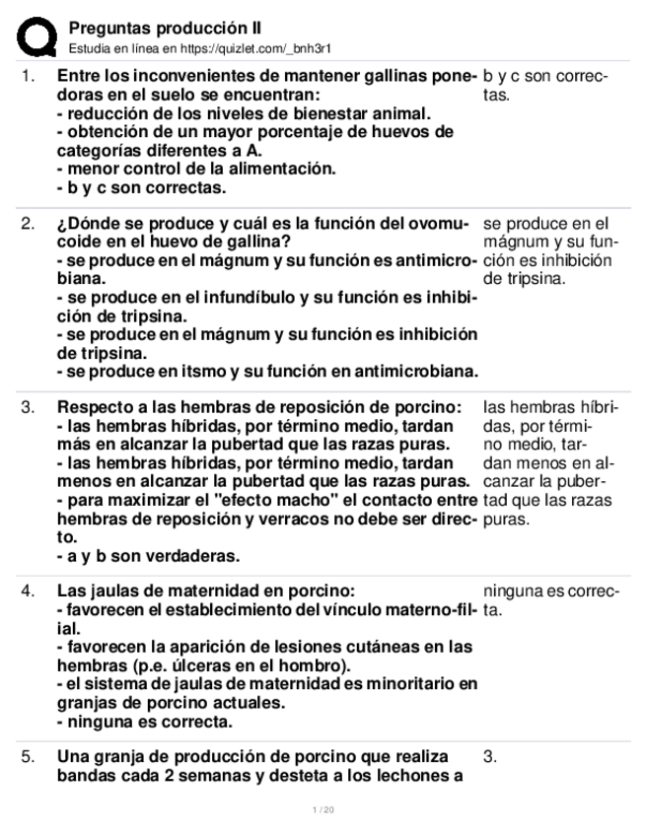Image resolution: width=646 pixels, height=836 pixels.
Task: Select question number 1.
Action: pos(29,76)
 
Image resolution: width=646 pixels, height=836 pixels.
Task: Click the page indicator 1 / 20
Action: pos(323,810)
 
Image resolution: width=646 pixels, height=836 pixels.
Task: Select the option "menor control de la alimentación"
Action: pos(197,169)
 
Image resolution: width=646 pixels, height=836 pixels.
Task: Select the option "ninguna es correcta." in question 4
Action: pos(143,721)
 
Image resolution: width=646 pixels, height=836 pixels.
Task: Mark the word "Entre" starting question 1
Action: pos(78,76)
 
